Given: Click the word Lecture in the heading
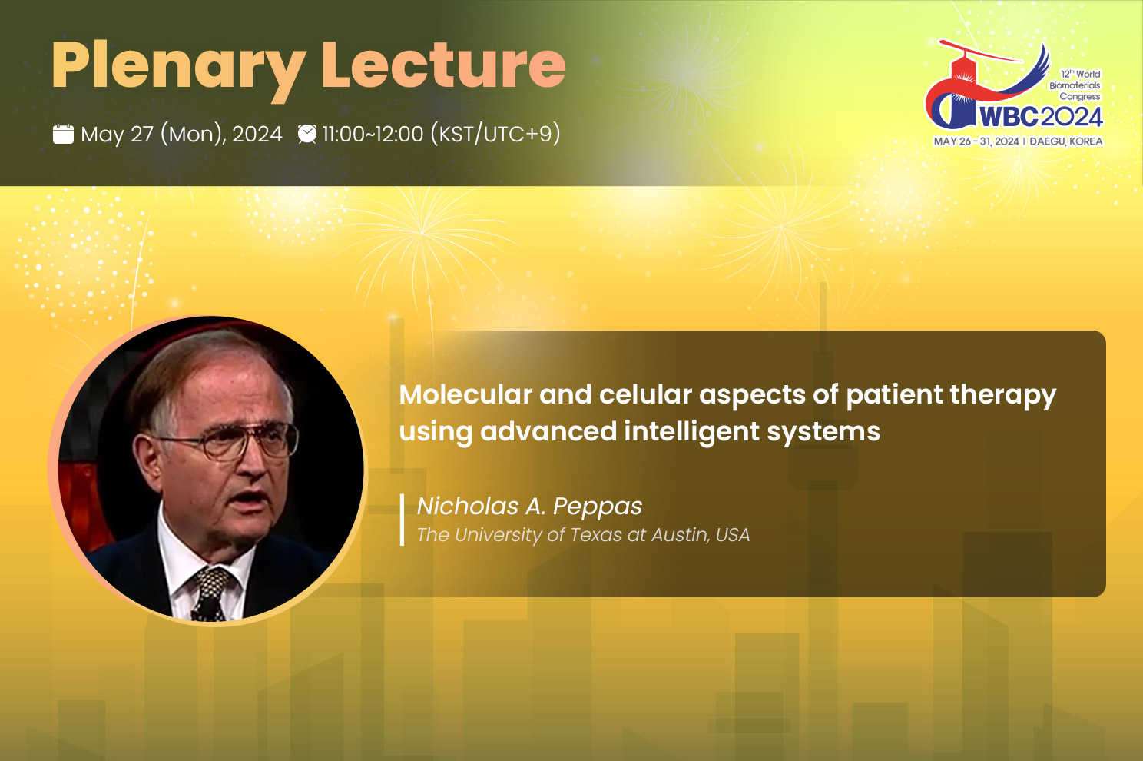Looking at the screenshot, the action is coord(443,65).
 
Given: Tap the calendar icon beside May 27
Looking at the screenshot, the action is coord(63,134).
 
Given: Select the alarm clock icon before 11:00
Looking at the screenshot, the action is coord(307,134).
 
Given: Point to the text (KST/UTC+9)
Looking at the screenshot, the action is coord(495,134).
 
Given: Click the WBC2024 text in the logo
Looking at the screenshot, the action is coord(1041,117).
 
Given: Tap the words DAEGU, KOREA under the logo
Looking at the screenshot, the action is coord(1066,141).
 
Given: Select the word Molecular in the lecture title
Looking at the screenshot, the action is coord(465,394).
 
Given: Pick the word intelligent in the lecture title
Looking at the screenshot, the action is coord(691,431).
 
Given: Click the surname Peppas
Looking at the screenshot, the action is coord(598,507).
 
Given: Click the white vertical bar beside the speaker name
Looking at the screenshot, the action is coord(402,520).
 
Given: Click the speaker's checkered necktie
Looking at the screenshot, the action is coord(210,593).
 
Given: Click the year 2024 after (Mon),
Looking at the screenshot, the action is coord(257,134).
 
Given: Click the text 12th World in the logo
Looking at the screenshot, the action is coord(1080,74).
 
